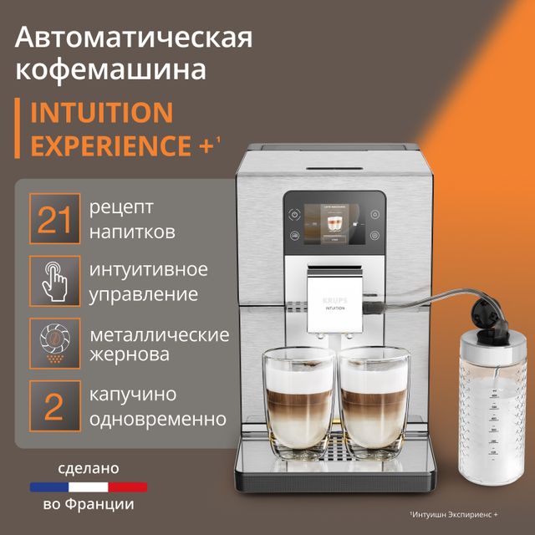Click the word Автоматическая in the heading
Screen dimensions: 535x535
135,38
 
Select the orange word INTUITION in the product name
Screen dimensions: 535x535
101,112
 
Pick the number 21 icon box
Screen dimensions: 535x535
54,219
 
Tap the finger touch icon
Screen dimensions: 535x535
54,282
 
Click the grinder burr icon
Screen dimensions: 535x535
54,343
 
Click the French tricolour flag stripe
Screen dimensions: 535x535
88,486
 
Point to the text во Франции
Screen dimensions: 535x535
88,507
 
